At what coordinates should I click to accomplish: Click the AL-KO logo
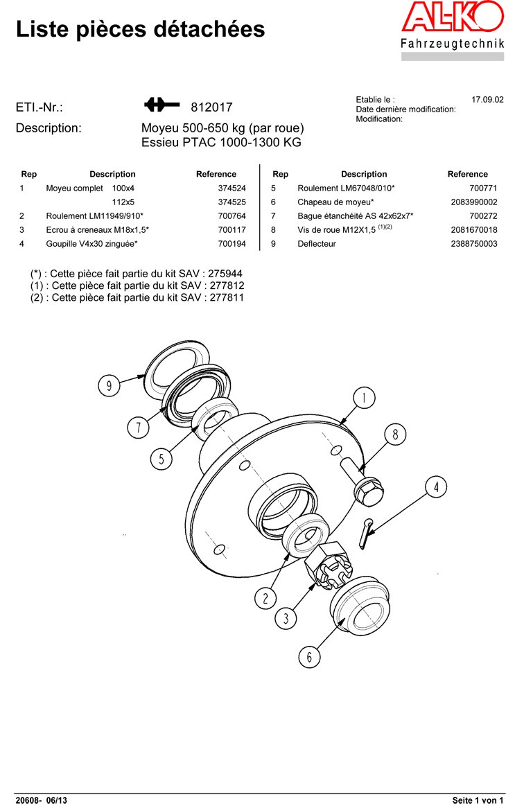click(453, 17)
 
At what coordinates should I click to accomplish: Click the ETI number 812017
click(212, 107)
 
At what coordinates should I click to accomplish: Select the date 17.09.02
click(487, 100)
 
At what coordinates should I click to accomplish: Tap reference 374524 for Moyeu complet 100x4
click(232, 188)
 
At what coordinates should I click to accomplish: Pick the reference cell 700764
click(232, 216)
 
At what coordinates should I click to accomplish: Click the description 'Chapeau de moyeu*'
click(335, 202)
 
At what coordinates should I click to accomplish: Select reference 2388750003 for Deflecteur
click(474, 244)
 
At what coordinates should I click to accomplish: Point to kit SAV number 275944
click(225, 274)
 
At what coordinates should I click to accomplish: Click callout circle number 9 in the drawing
click(109, 385)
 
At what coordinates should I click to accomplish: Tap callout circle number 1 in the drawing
click(365, 398)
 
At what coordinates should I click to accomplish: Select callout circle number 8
click(395, 434)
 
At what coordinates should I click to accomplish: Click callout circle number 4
click(436, 487)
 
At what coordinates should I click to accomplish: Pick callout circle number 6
click(309, 656)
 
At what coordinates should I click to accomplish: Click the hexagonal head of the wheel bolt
click(369, 491)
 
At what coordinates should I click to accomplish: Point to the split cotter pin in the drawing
click(365, 534)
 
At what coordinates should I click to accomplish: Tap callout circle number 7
click(138, 427)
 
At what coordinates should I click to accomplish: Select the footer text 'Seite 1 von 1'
click(478, 800)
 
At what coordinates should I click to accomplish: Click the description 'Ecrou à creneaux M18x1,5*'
click(97, 230)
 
